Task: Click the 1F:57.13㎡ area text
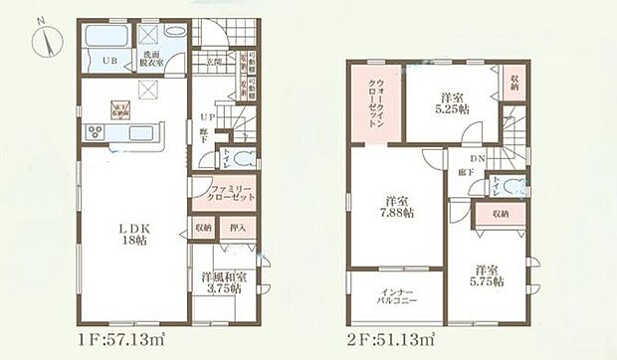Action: coord(117,341)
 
